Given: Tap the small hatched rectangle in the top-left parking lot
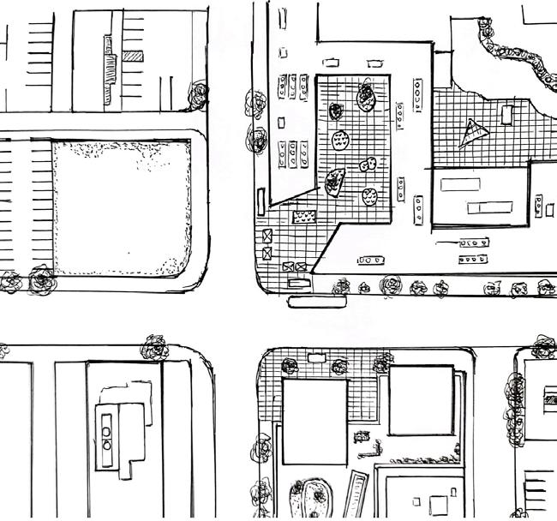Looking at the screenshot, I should click(132, 57).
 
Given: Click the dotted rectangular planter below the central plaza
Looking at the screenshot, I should click(304, 218).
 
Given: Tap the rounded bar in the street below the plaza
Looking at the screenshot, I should click(319, 301).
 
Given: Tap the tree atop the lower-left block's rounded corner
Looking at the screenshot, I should click(156, 346).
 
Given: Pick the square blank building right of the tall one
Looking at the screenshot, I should click(420, 400).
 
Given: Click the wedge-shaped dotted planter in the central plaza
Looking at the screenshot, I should click(335, 179).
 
